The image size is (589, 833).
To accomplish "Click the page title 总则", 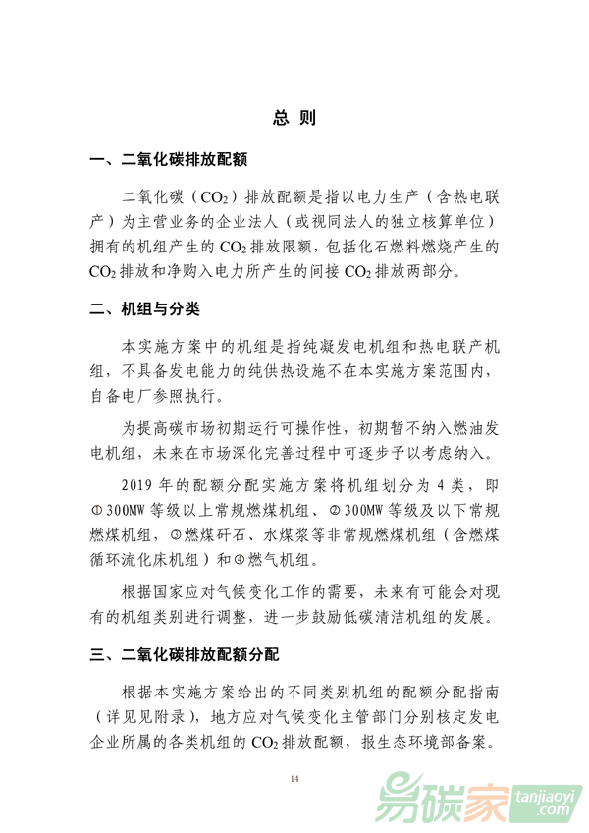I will click(x=294, y=119).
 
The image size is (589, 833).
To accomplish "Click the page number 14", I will click(x=294, y=779).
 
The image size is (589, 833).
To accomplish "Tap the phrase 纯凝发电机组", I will click(x=333, y=348).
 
